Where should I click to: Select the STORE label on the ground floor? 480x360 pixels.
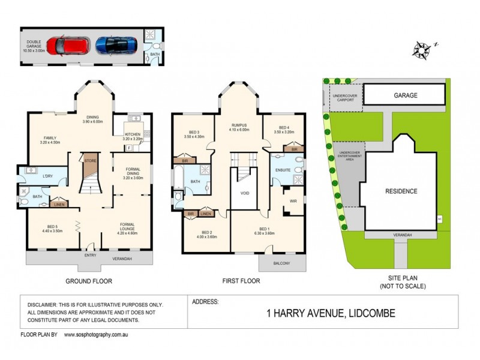tap(91, 160)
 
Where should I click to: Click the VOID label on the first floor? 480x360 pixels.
tap(244, 194)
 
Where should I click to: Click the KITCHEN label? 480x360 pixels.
tap(132, 134)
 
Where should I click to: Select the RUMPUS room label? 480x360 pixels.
tap(239, 127)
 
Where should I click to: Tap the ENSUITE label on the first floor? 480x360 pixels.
tap(283, 170)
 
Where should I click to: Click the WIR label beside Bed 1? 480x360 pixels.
tap(294, 201)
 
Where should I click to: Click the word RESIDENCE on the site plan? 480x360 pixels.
tap(401, 191)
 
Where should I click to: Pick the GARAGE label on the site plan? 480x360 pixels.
tap(406, 95)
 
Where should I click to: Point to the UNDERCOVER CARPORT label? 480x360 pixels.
tap(346, 98)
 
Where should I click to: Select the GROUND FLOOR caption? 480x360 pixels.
tap(88, 281)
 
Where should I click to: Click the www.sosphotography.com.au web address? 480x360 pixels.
tap(97, 334)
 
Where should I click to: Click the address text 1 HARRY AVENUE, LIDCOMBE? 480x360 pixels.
tap(331, 313)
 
